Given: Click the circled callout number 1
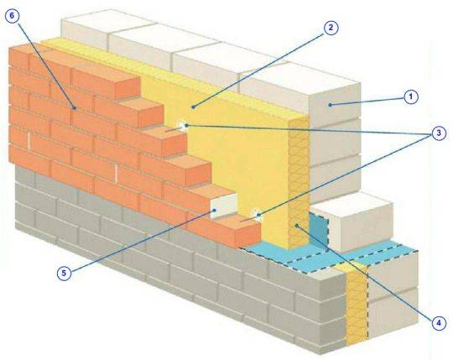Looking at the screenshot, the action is (411, 97).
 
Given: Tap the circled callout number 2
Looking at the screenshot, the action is (331, 28).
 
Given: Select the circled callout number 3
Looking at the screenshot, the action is (439, 133).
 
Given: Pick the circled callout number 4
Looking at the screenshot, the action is (439, 323).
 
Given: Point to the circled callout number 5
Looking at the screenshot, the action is (64, 273).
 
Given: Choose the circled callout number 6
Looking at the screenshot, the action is (12, 16).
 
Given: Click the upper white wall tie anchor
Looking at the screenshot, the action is (183, 125).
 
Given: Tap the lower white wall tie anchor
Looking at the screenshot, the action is (257, 215).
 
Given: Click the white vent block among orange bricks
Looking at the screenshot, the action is (224, 206).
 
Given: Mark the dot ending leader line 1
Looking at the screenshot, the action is (330, 105).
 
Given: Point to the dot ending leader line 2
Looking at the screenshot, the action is (193, 107).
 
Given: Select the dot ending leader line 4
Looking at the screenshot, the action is (297, 226).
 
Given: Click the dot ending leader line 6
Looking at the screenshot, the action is (75, 108).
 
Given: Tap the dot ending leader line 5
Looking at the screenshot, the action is (214, 210).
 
